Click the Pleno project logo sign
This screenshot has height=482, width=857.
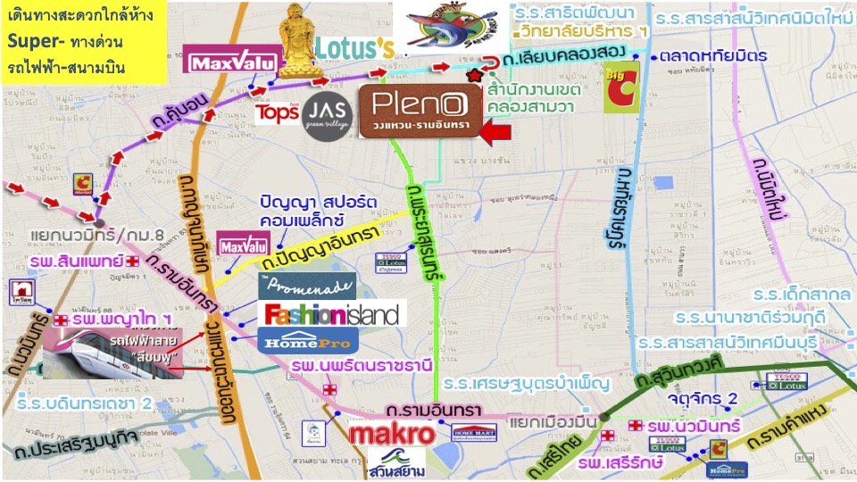click(x=420, y=111)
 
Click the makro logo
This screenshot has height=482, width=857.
click(x=392, y=436)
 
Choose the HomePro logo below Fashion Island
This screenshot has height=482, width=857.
click(x=308, y=340)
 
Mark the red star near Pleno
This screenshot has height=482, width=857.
click(x=473, y=80)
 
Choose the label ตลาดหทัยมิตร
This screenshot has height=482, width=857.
click(x=715, y=55)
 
